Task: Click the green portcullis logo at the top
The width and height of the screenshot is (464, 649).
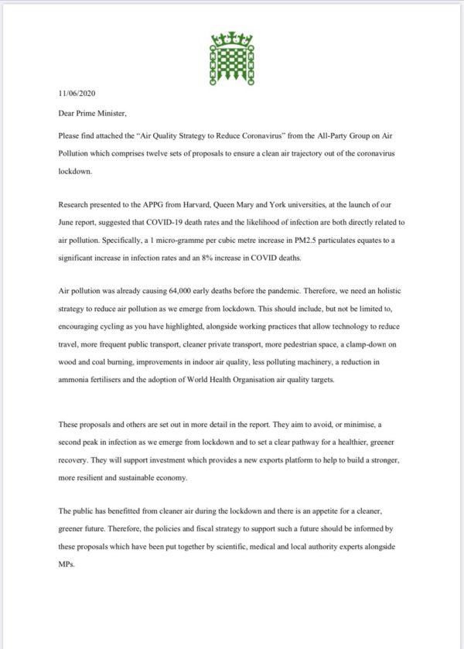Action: coord(232,54)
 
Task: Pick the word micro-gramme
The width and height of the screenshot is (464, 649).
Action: coord(176,241)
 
